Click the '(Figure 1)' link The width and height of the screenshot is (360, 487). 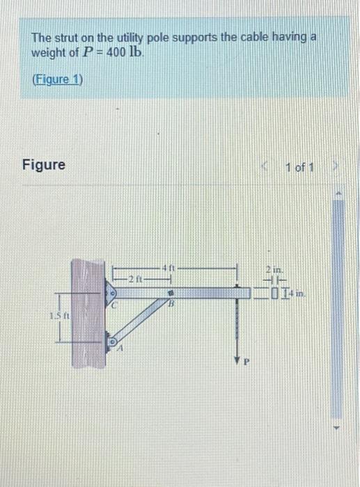tap(58, 79)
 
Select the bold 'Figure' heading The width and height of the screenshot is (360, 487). tap(43, 165)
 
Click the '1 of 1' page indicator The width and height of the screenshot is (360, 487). tap(299, 168)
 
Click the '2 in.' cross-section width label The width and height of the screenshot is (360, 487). tap(271, 270)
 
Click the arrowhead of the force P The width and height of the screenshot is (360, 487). tap(238, 354)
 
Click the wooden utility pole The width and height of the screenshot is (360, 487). tap(89, 312)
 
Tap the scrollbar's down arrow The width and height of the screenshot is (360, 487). tap(341, 426)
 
